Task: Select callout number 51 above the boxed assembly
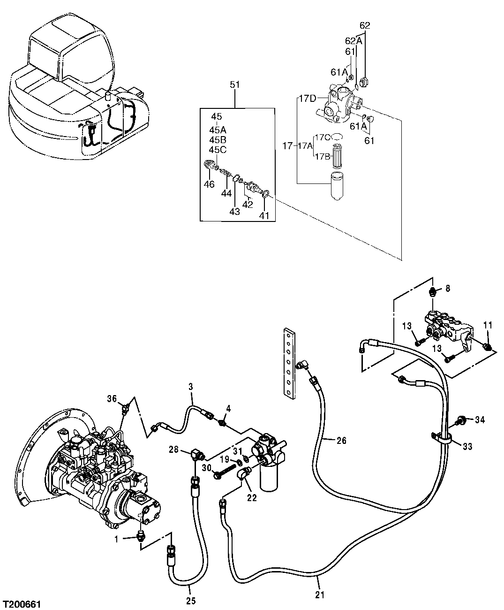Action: (234, 84)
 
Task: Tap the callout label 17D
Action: (307, 98)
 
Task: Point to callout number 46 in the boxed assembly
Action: (209, 184)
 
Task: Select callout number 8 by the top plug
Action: (447, 288)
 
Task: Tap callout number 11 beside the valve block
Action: (488, 325)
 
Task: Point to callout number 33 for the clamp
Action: (467, 447)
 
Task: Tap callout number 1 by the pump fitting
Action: (117, 539)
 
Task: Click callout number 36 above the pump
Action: (111, 399)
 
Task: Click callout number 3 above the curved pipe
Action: (190, 387)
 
